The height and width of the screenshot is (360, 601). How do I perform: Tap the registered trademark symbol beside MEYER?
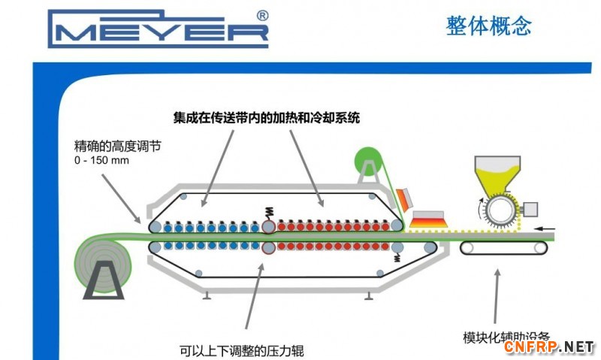click(262, 15)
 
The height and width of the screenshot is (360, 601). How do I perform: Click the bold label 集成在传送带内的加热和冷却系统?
click(267, 118)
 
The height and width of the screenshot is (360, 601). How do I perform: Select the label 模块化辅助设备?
click(508, 336)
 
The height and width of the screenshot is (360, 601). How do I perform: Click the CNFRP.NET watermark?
click(549, 346)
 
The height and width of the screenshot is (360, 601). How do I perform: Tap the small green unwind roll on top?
click(369, 161)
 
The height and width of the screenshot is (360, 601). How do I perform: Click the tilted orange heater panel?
click(405, 200)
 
